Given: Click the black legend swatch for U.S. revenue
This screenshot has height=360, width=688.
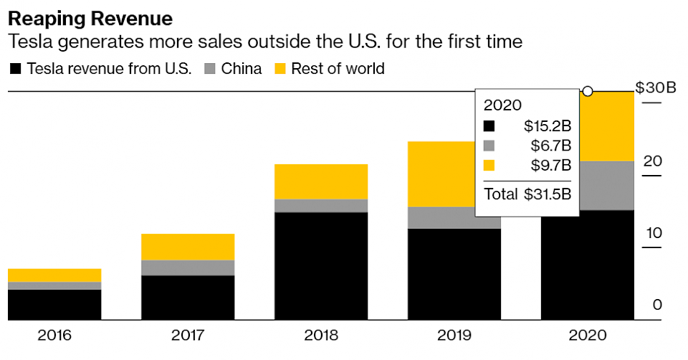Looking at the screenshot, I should point(15,70).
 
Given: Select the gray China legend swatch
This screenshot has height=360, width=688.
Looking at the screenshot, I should point(211,70).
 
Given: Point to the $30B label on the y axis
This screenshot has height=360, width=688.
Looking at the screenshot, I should point(655,88).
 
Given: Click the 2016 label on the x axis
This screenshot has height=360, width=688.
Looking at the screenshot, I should point(54,335).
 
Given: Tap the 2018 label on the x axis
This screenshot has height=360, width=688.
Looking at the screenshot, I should point(321,335).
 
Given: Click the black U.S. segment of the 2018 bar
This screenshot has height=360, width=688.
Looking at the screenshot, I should point(321,266).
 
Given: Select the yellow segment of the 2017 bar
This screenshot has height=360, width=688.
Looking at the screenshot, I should point(188,247).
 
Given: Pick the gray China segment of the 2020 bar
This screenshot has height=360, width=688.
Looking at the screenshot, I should point(587,186).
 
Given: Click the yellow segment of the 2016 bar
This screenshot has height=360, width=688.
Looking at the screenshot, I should point(54,275).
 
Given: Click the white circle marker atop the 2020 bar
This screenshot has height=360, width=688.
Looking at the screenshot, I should point(588,91).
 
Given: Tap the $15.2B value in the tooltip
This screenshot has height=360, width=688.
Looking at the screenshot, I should point(547,126).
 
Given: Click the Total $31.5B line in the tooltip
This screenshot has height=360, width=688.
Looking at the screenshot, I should point(527,194).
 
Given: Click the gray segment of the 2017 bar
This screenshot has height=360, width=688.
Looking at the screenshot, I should point(188,267).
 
